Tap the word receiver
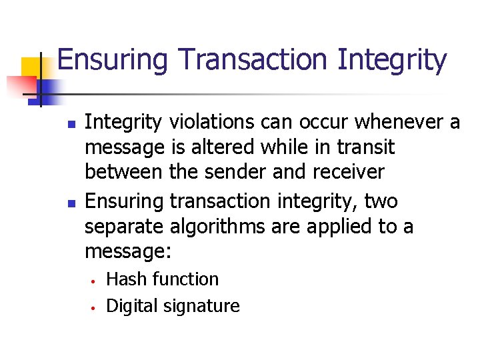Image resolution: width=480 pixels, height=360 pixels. point(347,172)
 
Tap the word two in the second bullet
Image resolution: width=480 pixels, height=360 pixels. point(381,201)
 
